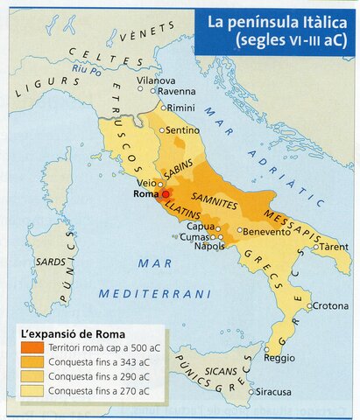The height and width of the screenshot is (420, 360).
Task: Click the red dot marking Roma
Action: coord(166,193)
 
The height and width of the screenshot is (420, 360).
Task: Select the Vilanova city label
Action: coord(157,79)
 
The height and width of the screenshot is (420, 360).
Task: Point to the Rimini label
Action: coord(181,107)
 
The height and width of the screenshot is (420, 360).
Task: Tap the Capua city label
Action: coord(202,226)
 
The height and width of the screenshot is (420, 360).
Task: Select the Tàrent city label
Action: coord(334,246)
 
